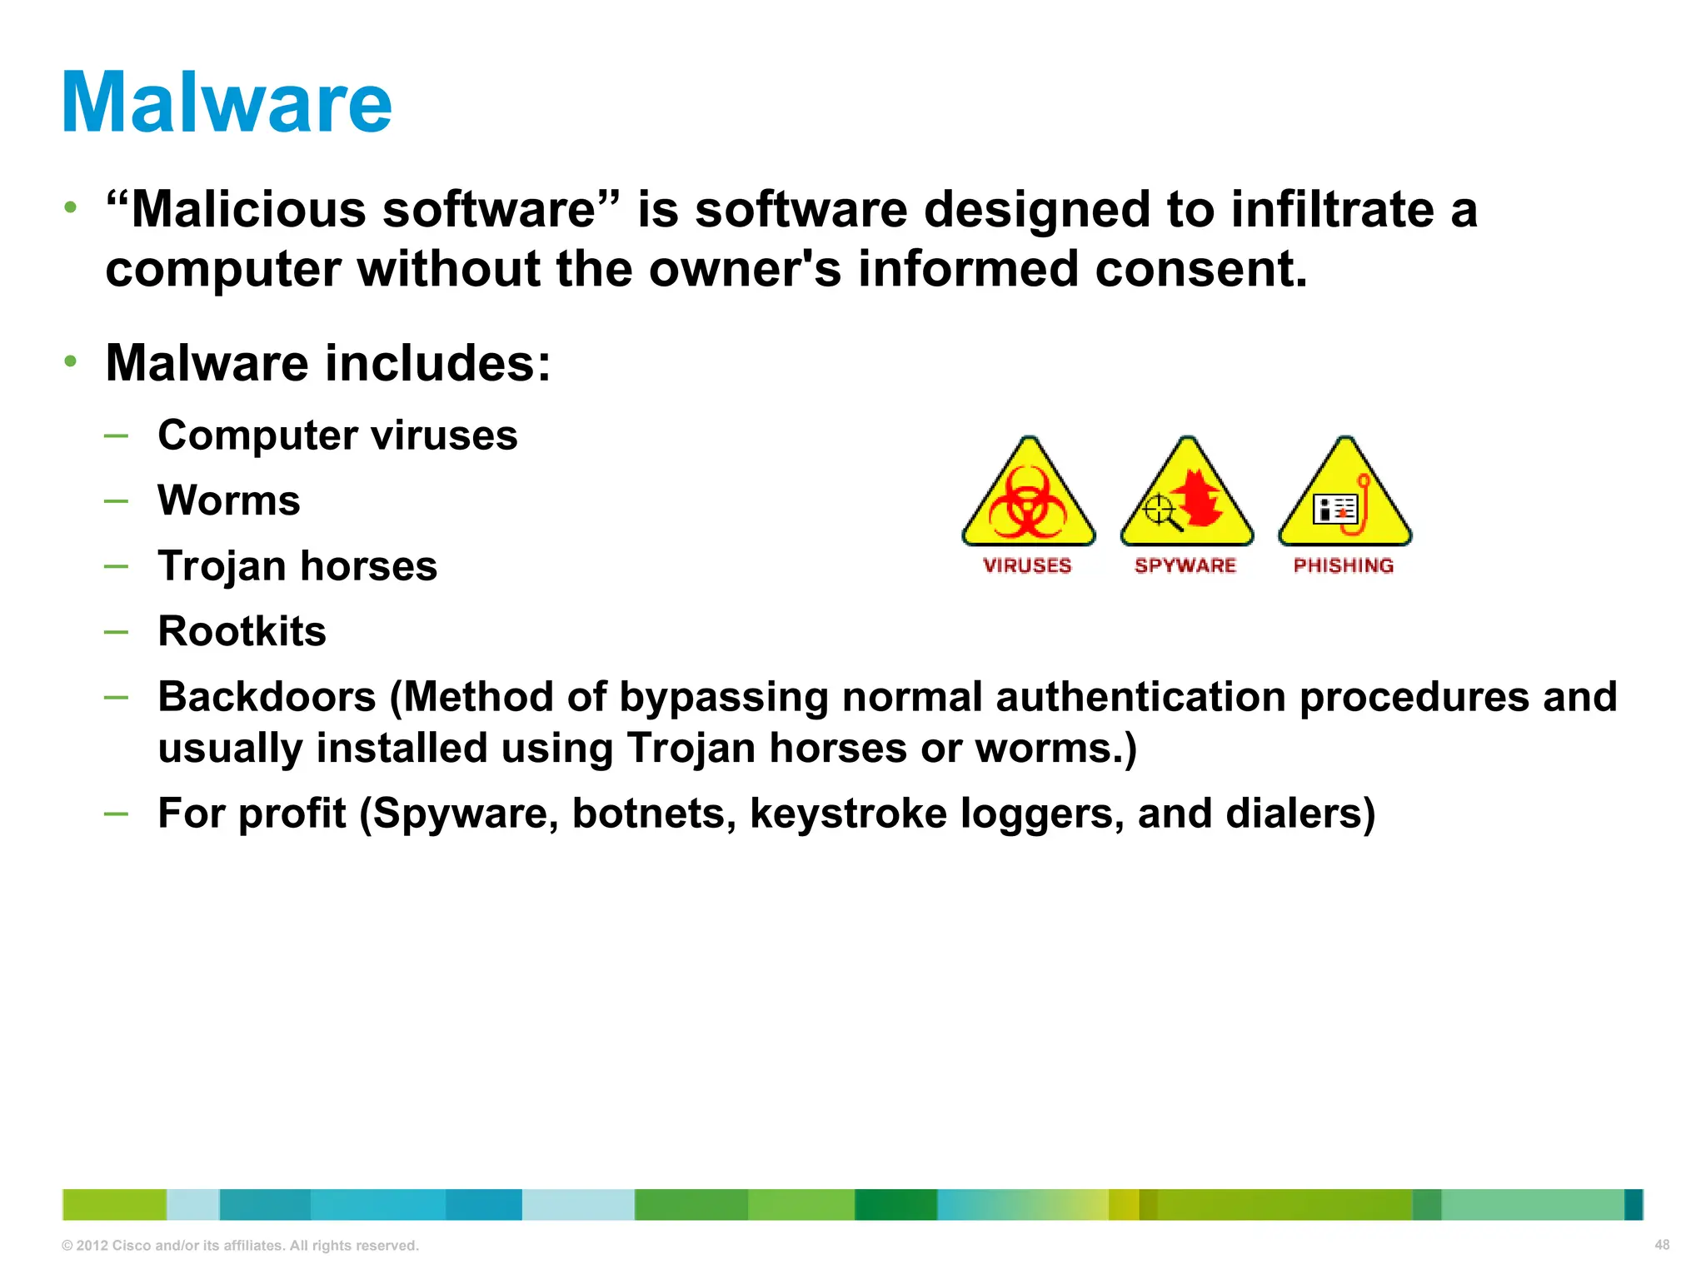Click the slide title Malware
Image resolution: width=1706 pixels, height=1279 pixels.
pyautogui.click(x=227, y=102)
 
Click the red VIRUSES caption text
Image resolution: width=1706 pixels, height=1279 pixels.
pyautogui.click(x=1027, y=565)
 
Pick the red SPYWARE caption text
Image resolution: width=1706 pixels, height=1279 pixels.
pyautogui.click(x=1185, y=565)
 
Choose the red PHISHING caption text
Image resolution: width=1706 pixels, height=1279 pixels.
pyautogui.click(x=1344, y=565)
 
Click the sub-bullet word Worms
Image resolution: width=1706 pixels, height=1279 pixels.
pyautogui.click(x=229, y=500)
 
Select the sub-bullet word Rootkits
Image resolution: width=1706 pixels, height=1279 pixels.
pyautogui.click(x=242, y=631)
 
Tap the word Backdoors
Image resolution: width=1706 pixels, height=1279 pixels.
pyautogui.click(x=267, y=696)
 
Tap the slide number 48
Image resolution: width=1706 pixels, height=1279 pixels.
pyautogui.click(x=1661, y=1245)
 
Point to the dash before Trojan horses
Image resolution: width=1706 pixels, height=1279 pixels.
pyautogui.click(x=117, y=566)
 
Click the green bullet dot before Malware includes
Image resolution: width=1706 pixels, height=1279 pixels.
pyautogui.click(x=71, y=361)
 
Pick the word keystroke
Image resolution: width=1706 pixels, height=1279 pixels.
pyautogui.click(x=848, y=813)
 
